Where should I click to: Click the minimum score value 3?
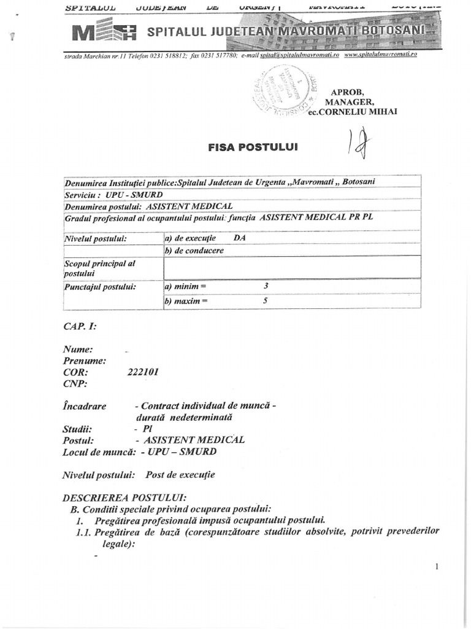(x=266, y=286)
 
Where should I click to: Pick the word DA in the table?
(x=240, y=236)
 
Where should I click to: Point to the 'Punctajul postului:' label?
(x=100, y=286)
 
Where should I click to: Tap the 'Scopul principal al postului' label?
(x=100, y=268)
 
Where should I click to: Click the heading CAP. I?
(x=79, y=327)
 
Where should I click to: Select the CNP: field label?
(x=75, y=385)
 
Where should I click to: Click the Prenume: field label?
(x=85, y=361)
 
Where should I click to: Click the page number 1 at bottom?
(x=437, y=567)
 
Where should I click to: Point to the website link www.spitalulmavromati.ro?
(x=380, y=55)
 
